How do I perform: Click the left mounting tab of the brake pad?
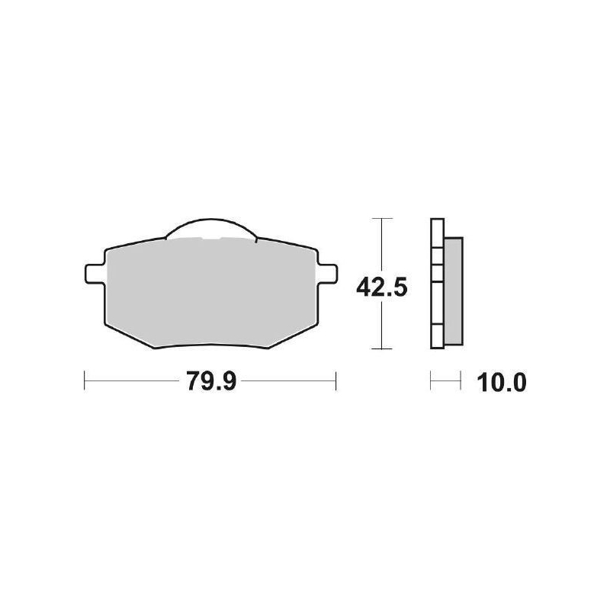coord(92,272)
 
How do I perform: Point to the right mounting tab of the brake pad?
coord(326,272)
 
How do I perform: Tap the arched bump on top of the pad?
coord(210,227)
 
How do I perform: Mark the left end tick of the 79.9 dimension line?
coord(84,380)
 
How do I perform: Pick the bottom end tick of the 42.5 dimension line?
coord(380,349)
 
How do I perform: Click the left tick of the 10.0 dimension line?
coord(432,380)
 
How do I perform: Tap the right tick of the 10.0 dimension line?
coord(461,380)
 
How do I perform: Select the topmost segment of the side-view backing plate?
coord(436,233)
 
